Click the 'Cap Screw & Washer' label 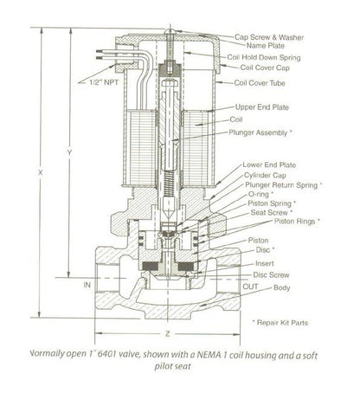pyautogui.click(x=269, y=37)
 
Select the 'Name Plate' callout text pyautogui.click(x=266, y=46)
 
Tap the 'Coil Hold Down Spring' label pyautogui.click(x=264, y=57)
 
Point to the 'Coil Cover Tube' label pyautogui.click(x=260, y=83)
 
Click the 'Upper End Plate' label pyautogui.click(x=262, y=107)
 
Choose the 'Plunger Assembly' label pyautogui.click(x=258, y=132)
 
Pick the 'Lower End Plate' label pyautogui.click(x=269, y=165)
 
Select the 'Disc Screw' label pyautogui.click(x=271, y=275)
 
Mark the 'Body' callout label pyautogui.click(x=282, y=287)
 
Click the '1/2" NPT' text pyautogui.click(x=104, y=82)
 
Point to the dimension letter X pyautogui.click(x=41, y=172)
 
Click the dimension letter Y pyautogui.click(x=69, y=153)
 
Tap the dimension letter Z pyautogui.click(x=167, y=334)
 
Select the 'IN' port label pyautogui.click(x=87, y=285)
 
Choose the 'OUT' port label pyautogui.click(x=250, y=287)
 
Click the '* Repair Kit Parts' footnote pyautogui.click(x=280, y=323)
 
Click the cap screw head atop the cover pyautogui.click(x=170, y=31)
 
